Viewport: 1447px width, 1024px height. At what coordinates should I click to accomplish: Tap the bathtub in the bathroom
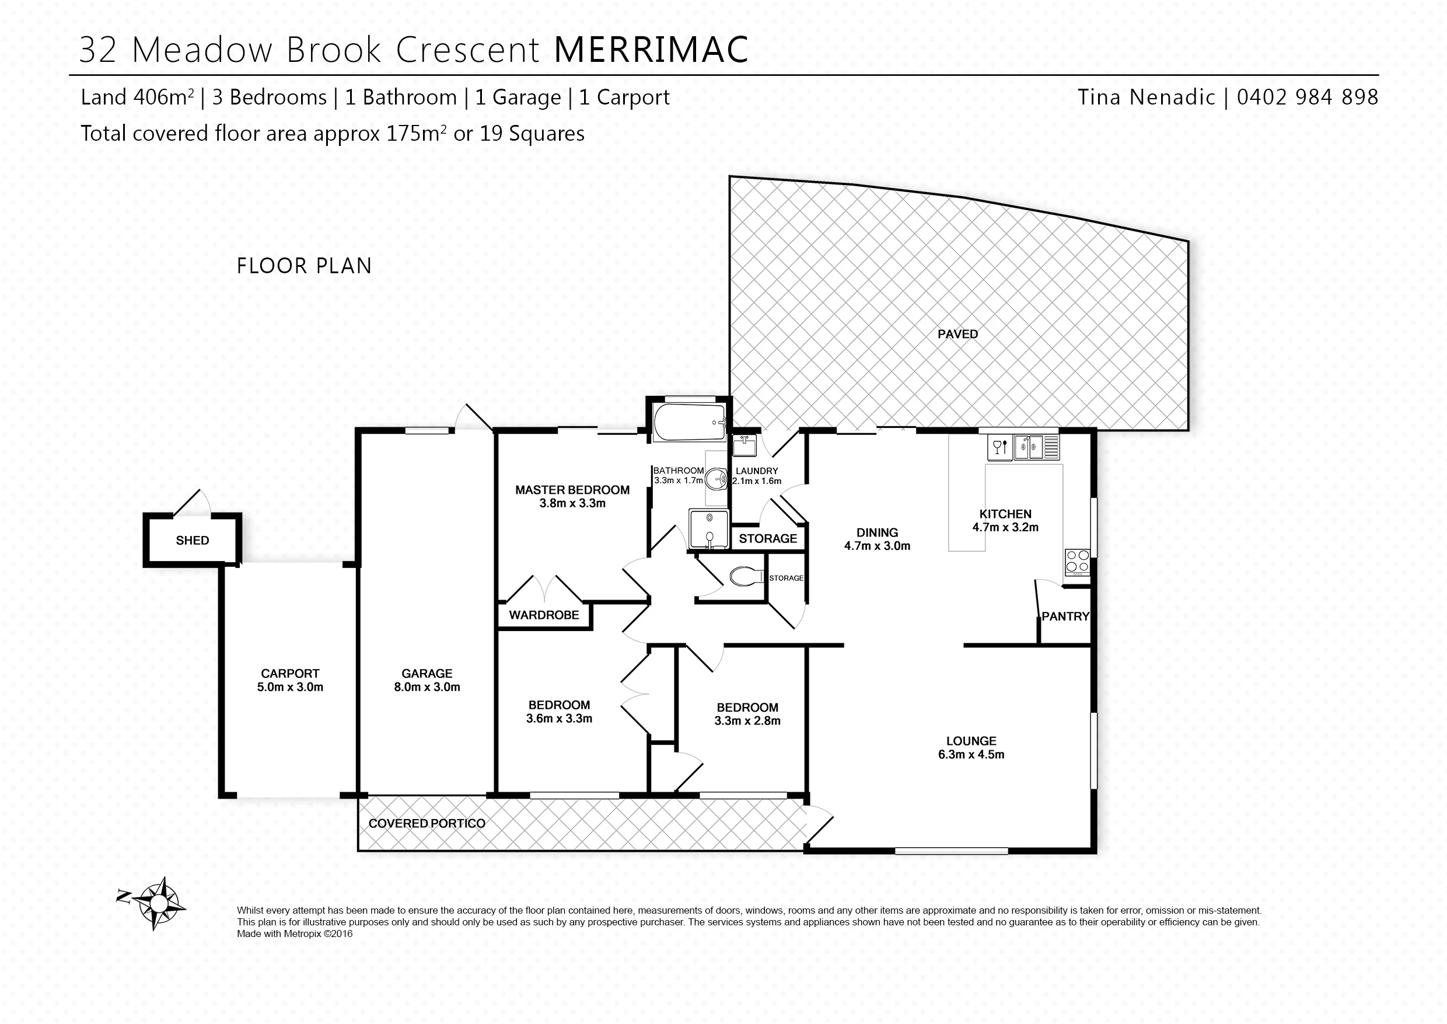(x=691, y=423)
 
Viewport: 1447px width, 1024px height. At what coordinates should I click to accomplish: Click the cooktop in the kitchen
(x=1077, y=561)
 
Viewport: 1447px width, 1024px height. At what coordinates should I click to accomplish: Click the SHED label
(x=192, y=541)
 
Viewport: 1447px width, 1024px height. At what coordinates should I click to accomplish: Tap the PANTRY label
(x=1065, y=616)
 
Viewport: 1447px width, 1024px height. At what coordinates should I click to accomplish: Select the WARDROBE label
(x=544, y=615)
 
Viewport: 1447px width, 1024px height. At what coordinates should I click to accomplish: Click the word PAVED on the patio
(x=957, y=334)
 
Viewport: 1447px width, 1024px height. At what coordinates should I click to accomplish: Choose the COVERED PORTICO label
(x=427, y=824)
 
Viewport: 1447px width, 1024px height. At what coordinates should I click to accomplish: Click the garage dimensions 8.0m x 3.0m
(x=427, y=687)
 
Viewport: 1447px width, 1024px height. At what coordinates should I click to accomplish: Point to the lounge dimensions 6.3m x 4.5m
(x=971, y=754)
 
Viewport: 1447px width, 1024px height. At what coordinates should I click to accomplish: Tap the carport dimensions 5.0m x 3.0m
(x=290, y=687)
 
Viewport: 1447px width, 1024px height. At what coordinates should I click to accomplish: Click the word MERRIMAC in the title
(x=652, y=49)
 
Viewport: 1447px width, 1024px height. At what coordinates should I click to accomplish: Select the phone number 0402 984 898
(x=1308, y=97)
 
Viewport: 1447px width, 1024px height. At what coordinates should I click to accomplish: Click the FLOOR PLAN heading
(x=305, y=266)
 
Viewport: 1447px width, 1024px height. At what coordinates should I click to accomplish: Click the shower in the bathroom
(x=708, y=528)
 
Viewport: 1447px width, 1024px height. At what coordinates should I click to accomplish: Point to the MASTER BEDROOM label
(x=572, y=490)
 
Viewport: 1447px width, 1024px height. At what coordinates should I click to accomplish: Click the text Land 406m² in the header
(x=137, y=97)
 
